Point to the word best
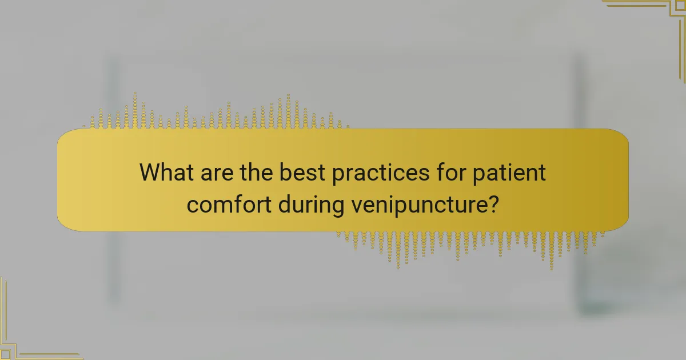tap(302, 173)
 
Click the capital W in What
tap(150, 173)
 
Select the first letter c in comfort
tap(193, 205)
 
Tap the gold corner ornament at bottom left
tap(23, 337)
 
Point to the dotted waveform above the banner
tap(217, 114)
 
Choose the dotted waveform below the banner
tap(469, 245)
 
